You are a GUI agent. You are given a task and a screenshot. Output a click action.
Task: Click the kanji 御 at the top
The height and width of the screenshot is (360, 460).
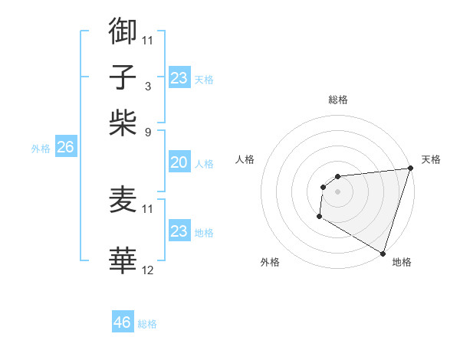[123, 31]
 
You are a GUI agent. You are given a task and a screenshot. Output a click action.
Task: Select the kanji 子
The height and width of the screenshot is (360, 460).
[123, 77]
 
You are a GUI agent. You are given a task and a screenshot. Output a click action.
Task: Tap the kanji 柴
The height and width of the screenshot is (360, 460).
[123, 123]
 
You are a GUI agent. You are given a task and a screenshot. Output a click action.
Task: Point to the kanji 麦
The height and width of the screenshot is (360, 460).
[123, 200]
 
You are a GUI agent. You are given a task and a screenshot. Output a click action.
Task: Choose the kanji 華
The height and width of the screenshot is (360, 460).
[123, 261]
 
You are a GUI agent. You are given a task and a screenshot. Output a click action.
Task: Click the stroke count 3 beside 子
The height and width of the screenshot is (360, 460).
[147, 86]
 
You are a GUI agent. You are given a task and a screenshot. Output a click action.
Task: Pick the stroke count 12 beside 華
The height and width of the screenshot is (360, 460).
[148, 270]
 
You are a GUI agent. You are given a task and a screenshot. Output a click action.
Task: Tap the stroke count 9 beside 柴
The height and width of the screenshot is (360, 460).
[147, 132]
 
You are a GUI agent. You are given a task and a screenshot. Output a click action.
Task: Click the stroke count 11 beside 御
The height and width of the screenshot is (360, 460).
[148, 40]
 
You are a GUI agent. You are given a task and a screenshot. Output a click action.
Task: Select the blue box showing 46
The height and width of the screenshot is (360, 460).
[123, 322]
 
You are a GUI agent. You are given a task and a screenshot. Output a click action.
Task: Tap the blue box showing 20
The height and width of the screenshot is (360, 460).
[179, 162]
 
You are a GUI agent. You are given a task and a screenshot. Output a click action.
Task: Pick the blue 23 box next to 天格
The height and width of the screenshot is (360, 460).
[179, 78]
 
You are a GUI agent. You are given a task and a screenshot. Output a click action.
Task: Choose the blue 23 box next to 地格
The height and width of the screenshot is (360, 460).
[179, 231]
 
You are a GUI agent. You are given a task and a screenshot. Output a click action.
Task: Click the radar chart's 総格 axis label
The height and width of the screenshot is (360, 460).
[338, 100]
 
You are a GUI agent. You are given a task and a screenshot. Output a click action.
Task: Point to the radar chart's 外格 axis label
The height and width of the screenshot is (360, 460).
[270, 262]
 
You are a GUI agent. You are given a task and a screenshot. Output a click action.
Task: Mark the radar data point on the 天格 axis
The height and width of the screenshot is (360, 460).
[410, 169]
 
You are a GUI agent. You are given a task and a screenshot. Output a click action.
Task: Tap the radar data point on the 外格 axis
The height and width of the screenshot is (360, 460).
[319, 218]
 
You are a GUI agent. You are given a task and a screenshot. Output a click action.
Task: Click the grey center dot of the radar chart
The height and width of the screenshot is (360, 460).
[337, 191]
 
